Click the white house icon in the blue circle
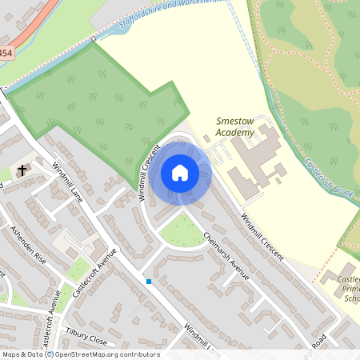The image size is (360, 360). pos(180,173)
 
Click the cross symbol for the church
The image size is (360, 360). pos(22,170)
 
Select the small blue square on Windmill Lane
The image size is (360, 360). pos(149,281)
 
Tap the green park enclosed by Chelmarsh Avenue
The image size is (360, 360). pos(182,231)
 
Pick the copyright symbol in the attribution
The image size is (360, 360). pos(49,354)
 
